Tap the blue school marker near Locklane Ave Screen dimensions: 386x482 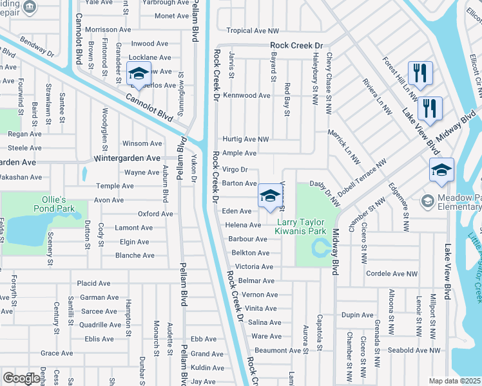[x=139, y=75]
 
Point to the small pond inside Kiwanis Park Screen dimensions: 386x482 [x=320, y=246]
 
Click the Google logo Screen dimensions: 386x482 [x=21, y=378]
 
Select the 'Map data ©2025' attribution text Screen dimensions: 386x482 [x=454, y=381]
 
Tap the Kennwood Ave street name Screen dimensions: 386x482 [x=246, y=95]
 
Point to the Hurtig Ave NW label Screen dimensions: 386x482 [x=246, y=139]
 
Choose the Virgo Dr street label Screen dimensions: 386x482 [x=235, y=170]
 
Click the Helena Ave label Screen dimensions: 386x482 [x=243, y=225]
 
